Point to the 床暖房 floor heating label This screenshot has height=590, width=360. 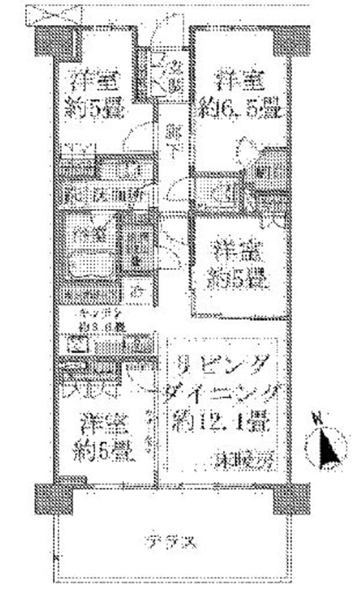click(x=244, y=460)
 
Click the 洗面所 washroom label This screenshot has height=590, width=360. click(x=119, y=194)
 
